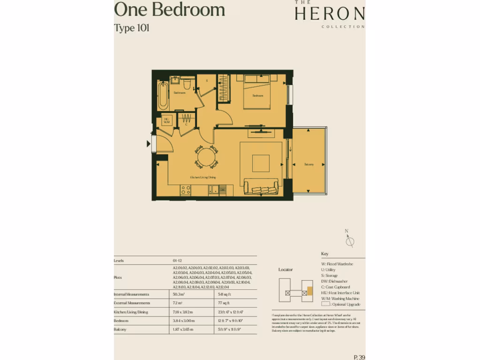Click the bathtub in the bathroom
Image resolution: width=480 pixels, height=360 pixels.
pyautogui.click(x=163, y=95)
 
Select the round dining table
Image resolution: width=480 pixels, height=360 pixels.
pyautogui.click(x=206, y=157)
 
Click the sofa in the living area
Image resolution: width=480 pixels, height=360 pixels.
pyautogui.click(x=261, y=187)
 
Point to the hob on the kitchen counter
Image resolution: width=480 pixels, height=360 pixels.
pyautogui.click(x=186, y=189)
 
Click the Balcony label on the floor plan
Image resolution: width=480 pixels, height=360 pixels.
pyautogui.click(x=309, y=165)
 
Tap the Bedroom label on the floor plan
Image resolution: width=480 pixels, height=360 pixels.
pyautogui.click(x=258, y=96)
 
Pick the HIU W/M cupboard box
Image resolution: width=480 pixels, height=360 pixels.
pyautogui.click(x=166, y=120)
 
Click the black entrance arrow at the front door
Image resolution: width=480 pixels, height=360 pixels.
pyautogui.click(x=149, y=144)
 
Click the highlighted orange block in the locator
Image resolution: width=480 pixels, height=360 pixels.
pyautogui.click(x=309, y=291)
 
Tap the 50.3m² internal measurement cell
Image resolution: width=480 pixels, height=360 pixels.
pyautogui.click(x=179, y=294)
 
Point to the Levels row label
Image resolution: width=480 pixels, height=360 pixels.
pyautogui.click(x=119, y=261)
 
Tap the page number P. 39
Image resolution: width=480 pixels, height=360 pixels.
pyautogui.click(x=360, y=357)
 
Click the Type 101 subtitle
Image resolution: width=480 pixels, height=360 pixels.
pyautogui.click(x=132, y=28)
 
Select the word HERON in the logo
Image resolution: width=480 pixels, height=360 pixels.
pyautogui.click(x=330, y=14)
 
